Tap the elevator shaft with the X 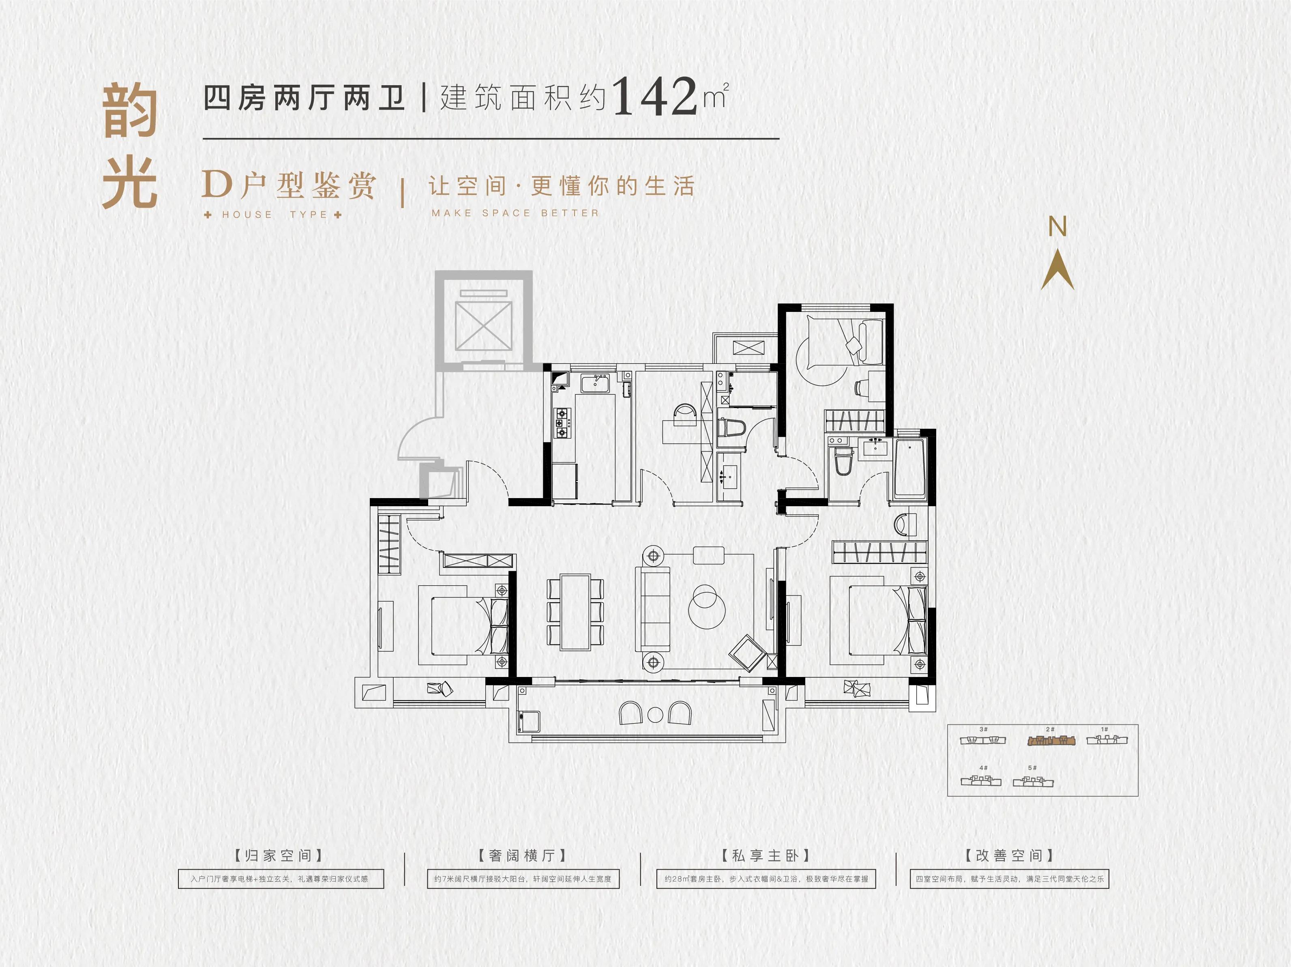coord(483,326)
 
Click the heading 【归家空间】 coord(279,855)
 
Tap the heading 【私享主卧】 coord(765,855)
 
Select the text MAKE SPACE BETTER coord(515,213)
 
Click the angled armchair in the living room coord(746,653)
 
